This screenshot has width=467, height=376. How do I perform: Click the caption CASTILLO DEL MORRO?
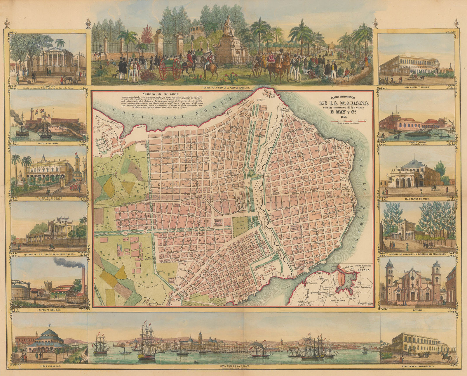(48, 143)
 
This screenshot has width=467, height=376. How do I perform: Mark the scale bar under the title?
(351, 121)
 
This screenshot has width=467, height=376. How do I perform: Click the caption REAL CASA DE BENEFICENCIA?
(418, 366)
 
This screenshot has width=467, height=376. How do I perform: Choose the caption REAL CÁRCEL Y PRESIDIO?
(418, 87)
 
